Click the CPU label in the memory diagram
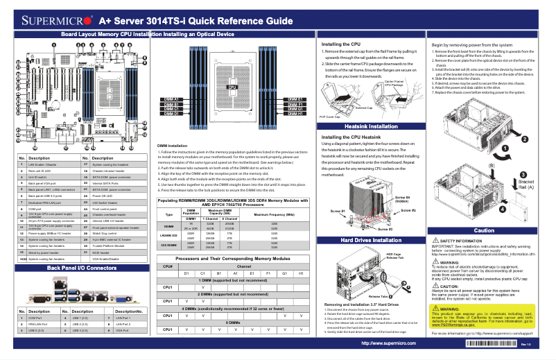click(233, 87)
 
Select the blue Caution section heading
click(483, 230)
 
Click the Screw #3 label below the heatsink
click(383, 226)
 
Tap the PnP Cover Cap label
click(332, 117)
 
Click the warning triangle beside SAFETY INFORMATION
click(435, 240)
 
